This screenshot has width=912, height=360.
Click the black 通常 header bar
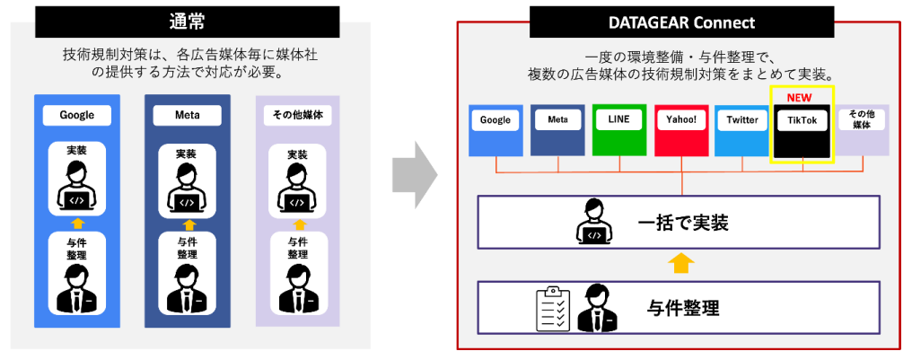pyautogui.click(x=188, y=21)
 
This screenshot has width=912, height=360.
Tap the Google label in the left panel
pyautogui.click(x=76, y=116)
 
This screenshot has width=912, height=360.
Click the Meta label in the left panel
pyautogui.click(x=187, y=116)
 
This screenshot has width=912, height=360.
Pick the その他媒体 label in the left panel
pyautogui.click(x=297, y=116)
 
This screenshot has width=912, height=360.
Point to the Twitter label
pyautogui.click(x=742, y=120)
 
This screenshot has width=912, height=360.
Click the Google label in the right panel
pyautogui.click(x=495, y=120)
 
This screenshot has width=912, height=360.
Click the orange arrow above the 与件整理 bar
pyautogui.click(x=682, y=263)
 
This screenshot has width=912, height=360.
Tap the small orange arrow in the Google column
pyautogui.click(x=76, y=222)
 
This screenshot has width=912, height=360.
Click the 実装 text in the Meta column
pyautogui.click(x=187, y=154)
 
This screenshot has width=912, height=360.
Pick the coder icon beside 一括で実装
pyautogui.click(x=593, y=223)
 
